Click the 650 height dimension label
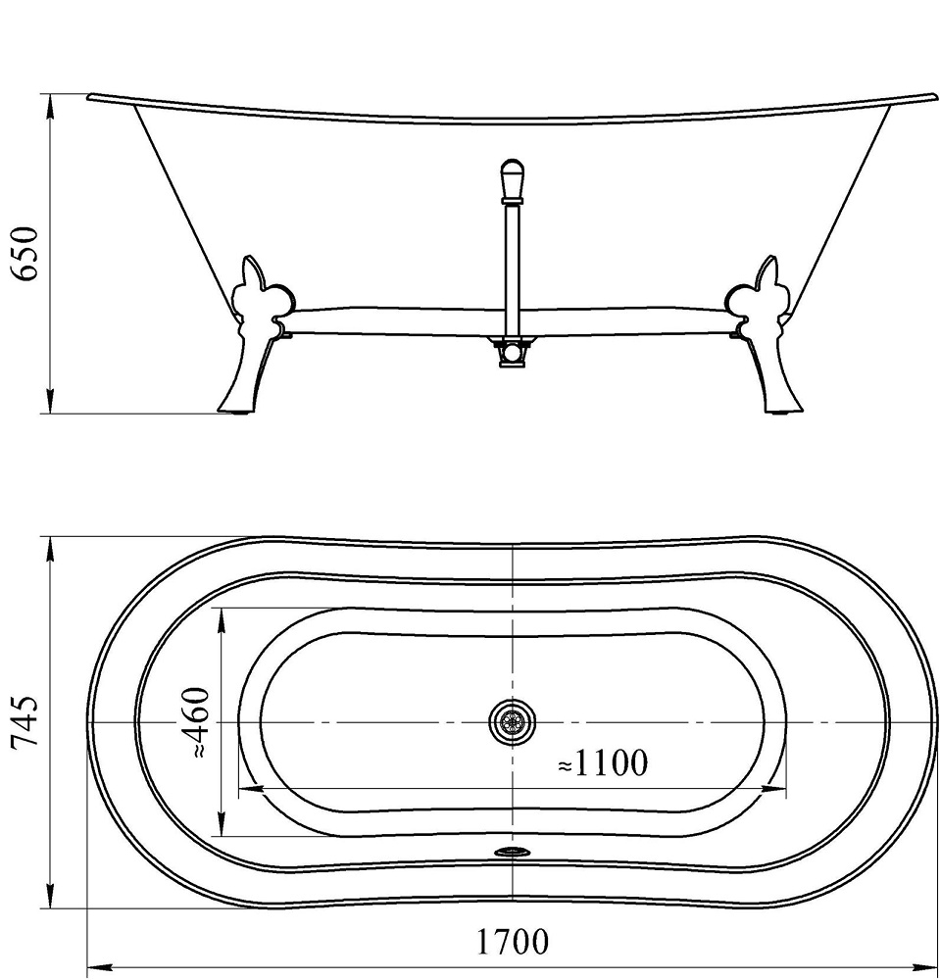24,253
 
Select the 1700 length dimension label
513,943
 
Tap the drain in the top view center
513,722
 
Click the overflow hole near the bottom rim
511,853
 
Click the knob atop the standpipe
512,178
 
